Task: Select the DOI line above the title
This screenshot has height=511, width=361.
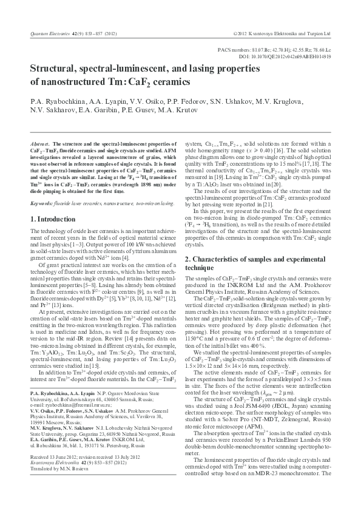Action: (x=285, y=56)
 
